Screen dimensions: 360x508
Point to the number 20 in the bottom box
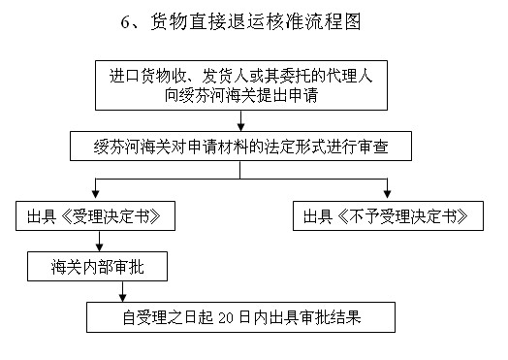pos(254,317)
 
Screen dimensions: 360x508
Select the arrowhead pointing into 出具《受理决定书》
pos(94,194)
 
